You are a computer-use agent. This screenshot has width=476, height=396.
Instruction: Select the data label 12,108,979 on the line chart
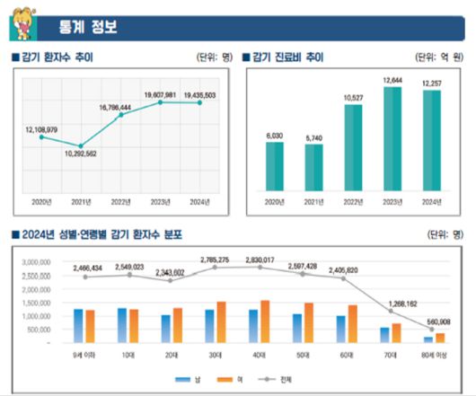pyautogui.click(x=35, y=128)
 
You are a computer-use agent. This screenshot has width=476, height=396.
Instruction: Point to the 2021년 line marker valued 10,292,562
pyautogui.click(x=82, y=145)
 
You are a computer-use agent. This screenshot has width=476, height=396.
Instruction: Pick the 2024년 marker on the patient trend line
pyautogui.click(x=199, y=102)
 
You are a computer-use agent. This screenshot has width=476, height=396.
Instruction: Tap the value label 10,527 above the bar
pyautogui.click(x=353, y=96)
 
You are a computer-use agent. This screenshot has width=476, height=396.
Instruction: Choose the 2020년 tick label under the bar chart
pyautogui.click(x=274, y=199)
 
